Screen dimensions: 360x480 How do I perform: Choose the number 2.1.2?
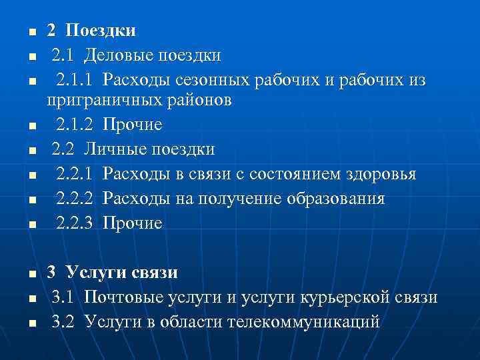pyautogui.click(x=75, y=125)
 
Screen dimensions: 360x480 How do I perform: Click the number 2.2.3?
pyautogui.click(x=75, y=223)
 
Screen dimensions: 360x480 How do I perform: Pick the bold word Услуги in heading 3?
pyautogui.click(x=94, y=272)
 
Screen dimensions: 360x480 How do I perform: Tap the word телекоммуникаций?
pyautogui.click(x=303, y=321)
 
